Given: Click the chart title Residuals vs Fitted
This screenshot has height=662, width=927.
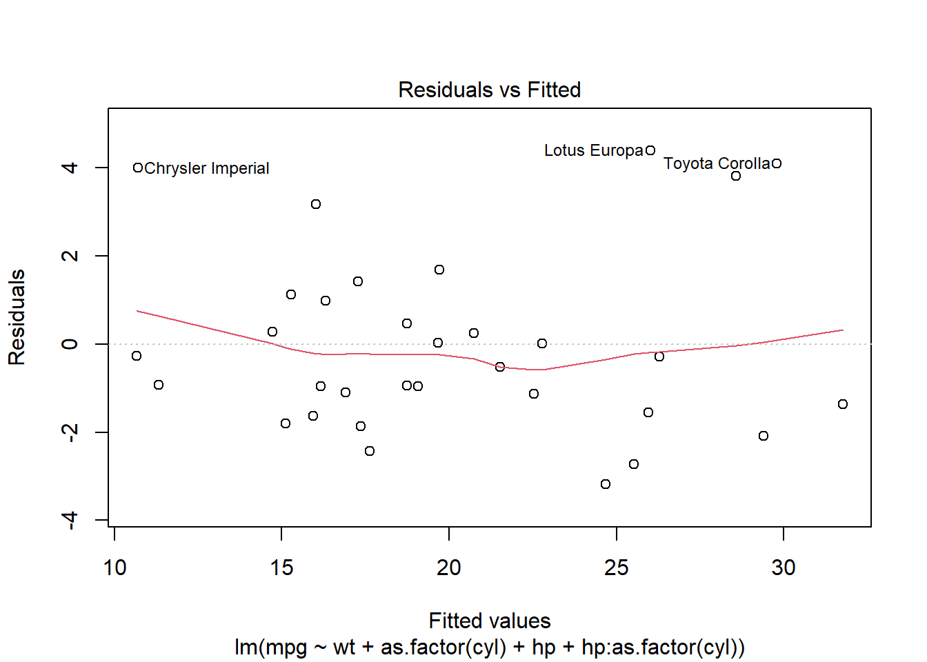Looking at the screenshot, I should pos(490,90).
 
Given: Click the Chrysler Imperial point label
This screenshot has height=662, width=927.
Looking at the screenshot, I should pos(207,168).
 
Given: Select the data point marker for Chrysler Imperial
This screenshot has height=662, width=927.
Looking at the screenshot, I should pos(138,168).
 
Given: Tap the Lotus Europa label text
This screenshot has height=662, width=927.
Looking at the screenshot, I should pos(593,150).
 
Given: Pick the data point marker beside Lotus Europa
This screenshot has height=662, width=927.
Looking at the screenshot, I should pos(650,150).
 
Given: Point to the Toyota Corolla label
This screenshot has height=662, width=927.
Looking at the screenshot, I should pos(717,163).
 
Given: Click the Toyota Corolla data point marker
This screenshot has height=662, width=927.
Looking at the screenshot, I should pos(777,163).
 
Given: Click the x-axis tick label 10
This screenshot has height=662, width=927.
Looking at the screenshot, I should pos(114,568).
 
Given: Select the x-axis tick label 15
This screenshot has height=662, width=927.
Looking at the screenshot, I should pos(281,568).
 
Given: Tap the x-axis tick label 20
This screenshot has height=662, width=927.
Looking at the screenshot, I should pos(449,568).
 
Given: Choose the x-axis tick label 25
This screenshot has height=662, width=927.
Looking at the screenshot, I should pos(616,568).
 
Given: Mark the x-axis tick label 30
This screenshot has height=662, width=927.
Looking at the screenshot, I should pos(784,568).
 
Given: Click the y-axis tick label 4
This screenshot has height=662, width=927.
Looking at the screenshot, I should pos(70,168).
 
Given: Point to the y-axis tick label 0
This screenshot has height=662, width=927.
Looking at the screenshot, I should pos(70,343).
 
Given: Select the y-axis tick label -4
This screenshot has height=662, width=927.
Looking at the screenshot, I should pos(70,520).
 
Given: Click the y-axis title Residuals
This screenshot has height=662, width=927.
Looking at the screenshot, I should pos(17,317).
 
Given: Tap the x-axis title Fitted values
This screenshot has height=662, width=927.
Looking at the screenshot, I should pos(490,621).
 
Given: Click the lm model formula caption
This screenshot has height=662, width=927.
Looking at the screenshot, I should pos(490,648).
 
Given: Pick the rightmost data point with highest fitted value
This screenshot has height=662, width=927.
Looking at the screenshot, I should pos(843,404).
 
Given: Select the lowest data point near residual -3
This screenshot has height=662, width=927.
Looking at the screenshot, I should pos(606,484).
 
